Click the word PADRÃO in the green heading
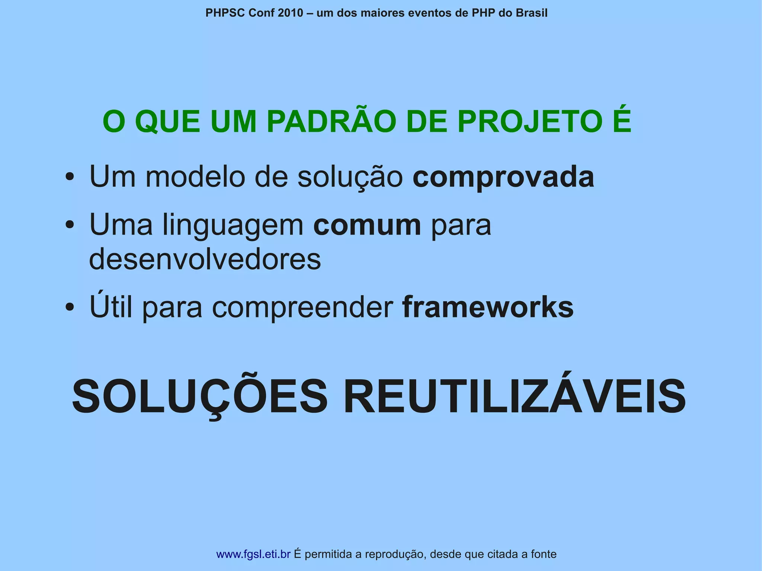331,122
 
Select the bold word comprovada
503,177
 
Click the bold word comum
367,225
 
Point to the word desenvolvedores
205,259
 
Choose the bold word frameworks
488,307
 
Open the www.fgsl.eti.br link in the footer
253,554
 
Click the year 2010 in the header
291,13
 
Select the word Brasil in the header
532,13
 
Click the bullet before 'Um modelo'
69,177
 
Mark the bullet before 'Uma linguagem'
69,225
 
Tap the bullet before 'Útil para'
69,307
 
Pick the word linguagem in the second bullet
233,226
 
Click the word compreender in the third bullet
302,308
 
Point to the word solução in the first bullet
350,178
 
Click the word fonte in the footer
544,554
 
